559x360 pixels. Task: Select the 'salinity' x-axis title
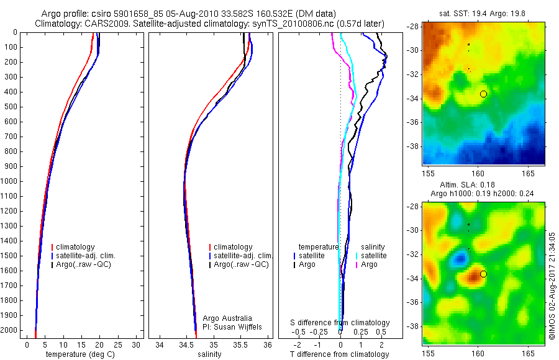[x=208, y=354]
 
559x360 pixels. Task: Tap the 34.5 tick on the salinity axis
[x=186, y=344]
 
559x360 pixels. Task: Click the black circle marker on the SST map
[x=484, y=94]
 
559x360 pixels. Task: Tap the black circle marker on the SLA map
[x=484, y=274]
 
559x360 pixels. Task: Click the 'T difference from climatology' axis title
[x=339, y=354]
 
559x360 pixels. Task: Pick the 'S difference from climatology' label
[x=340, y=323]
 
